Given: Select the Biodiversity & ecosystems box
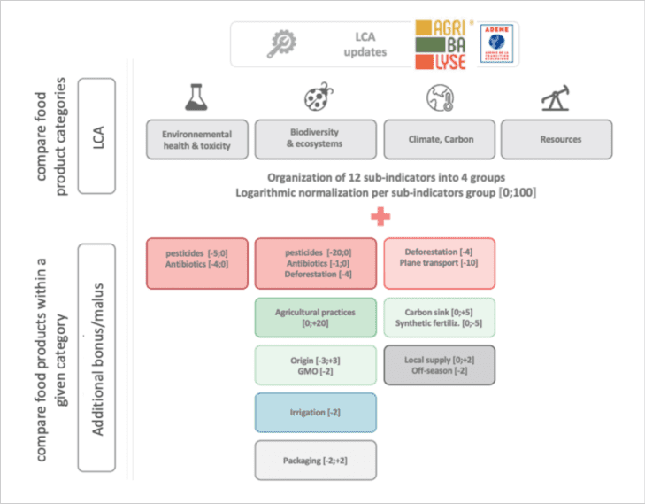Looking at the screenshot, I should tap(315, 139).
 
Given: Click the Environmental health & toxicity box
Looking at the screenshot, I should tap(196, 139).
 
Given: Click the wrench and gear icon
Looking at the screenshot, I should tap(282, 44).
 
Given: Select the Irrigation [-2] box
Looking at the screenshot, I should tap(315, 413).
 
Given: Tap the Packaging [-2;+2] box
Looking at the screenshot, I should tap(315, 461).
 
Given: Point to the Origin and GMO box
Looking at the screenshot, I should tap(315, 365).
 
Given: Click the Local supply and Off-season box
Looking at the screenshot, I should tap(440, 365).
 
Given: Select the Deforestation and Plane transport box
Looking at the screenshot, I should tap(440, 263).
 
